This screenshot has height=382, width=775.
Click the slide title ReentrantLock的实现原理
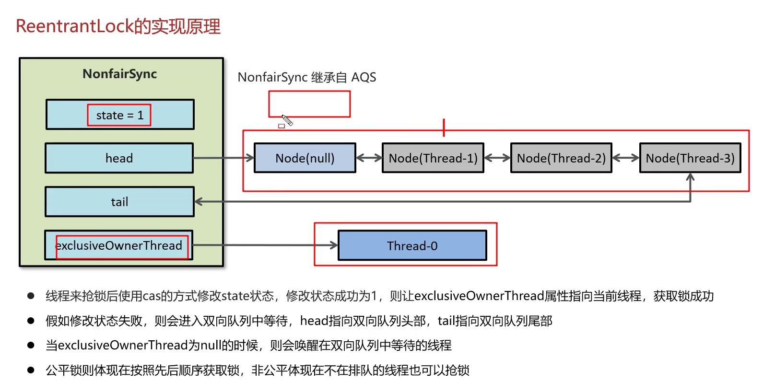point(118,26)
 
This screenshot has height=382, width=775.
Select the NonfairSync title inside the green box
point(119,74)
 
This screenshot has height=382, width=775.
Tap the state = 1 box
point(119,115)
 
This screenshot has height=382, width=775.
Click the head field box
point(119,158)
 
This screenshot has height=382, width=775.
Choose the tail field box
point(119,202)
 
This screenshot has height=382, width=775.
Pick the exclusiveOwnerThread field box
point(119,245)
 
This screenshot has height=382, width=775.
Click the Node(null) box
point(305,158)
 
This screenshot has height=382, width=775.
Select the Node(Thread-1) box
point(433,158)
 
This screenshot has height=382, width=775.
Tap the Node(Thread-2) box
point(561,158)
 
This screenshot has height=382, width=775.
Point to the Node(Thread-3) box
point(690,158)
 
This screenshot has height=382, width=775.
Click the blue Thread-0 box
point(412,246)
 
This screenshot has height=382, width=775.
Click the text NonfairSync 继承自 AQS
point(306,77)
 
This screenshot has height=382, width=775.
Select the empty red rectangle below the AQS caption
point(309,104)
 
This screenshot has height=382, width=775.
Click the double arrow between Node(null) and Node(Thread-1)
point(369,158)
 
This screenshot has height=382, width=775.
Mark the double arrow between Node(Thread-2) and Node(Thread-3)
point(626,158)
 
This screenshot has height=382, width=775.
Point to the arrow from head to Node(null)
point(223,158)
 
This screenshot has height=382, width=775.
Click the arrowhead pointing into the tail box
point(199,202)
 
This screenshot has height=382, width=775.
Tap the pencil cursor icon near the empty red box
point(287,120)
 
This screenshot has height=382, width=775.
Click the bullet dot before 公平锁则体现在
point(31,370)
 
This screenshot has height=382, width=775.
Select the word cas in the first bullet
point(152,296)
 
